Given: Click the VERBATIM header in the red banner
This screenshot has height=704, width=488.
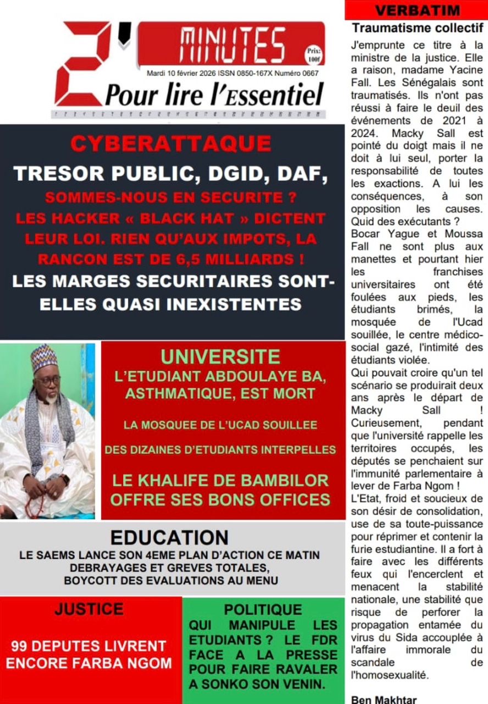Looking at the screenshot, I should coord(415,10).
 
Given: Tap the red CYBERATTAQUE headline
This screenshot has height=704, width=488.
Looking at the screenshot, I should coord(171,144).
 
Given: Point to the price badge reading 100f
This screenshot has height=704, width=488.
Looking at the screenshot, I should coord(314,55).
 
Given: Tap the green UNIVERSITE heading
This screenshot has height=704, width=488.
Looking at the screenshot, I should coord(220,356).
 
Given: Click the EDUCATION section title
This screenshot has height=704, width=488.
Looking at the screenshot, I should coord(169,537).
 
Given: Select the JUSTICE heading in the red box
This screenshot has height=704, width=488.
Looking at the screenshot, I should coord(89,609).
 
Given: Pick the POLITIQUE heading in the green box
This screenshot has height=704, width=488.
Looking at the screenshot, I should coord(263,609).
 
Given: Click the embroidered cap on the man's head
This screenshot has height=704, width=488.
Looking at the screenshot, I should coord(45,358).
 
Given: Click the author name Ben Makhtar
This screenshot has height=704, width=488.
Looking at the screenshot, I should coord(385,700).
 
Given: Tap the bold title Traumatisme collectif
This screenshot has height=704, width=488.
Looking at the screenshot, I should coord(418,28).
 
